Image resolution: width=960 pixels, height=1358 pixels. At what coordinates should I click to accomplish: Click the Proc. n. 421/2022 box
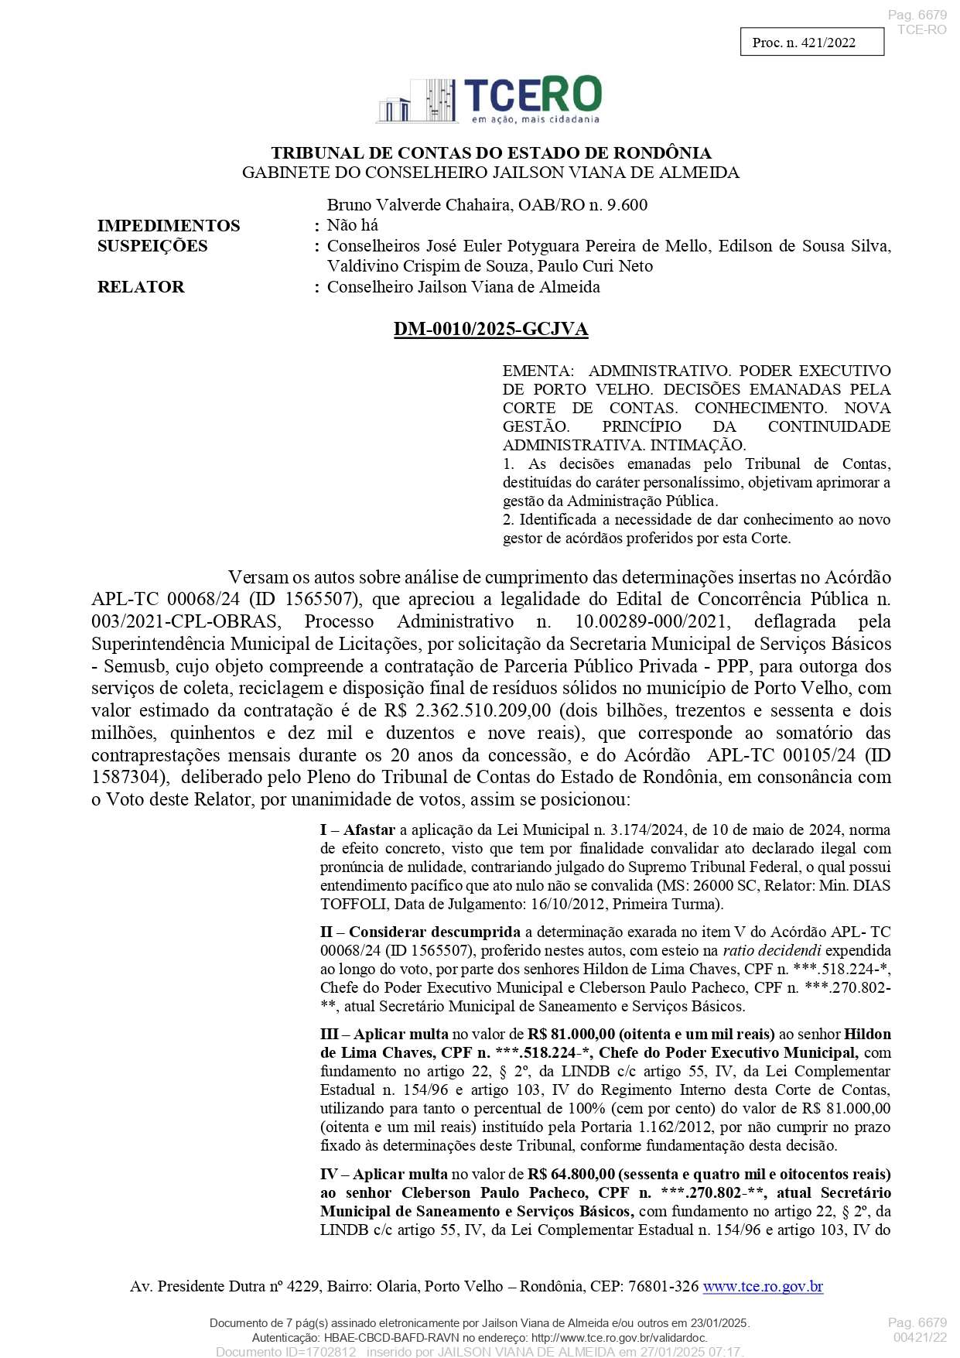point(811,43)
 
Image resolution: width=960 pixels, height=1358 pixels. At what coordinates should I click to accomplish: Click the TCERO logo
point(489,100)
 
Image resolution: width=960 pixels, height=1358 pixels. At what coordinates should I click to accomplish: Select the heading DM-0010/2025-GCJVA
point(490,329)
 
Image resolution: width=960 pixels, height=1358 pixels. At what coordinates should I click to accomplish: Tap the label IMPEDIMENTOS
point(169,226)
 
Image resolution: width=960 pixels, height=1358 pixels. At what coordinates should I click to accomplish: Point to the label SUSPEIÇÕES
point(152,246)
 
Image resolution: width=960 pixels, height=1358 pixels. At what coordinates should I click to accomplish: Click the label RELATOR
point(141,287)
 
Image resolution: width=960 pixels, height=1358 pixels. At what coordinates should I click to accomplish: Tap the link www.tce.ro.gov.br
point(762,1286)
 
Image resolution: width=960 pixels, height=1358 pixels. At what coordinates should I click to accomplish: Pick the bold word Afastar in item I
point(369,830)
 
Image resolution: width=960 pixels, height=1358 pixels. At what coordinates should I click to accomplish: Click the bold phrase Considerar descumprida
point(434,932)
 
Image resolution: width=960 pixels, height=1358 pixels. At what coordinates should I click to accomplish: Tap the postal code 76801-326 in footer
point(661,1286)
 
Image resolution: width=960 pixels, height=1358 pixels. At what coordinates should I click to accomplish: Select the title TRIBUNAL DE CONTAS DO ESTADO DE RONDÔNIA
point(490,153)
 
